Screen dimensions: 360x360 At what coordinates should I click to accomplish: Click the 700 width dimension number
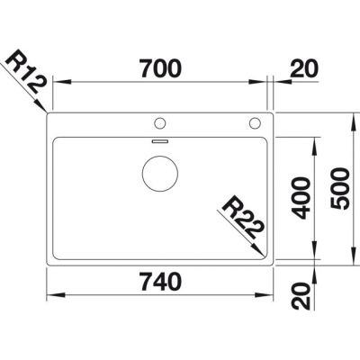[x=161, y=68]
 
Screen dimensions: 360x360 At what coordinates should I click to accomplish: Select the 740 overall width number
[x=161, y=282]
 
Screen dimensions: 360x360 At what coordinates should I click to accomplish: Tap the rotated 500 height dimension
[x=339, y=189]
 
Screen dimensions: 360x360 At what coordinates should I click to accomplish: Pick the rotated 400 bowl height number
[x=301, y=198]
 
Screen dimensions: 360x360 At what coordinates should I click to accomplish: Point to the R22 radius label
[x=242, y=218]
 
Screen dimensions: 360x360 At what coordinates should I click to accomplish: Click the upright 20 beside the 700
[x=304, y=68]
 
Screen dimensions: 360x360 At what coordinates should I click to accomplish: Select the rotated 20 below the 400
[x=301, y=296]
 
